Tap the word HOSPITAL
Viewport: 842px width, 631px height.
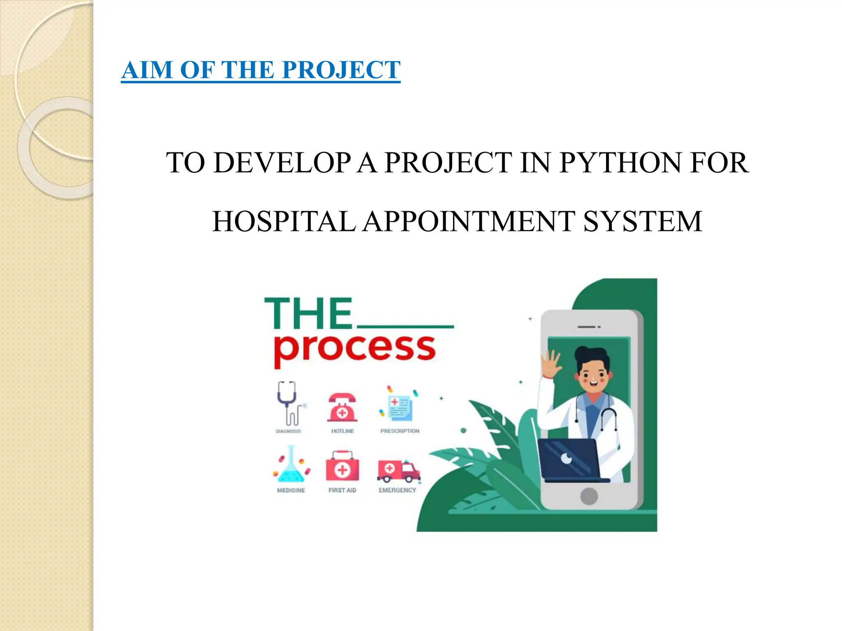[284, 221]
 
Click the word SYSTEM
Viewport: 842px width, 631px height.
[643, 221]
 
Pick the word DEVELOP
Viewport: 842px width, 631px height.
[282, 163]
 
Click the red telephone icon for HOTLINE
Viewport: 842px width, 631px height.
[342, 408]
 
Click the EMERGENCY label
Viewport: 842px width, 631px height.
[397, 490]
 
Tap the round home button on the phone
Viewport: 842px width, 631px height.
[589, 496]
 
